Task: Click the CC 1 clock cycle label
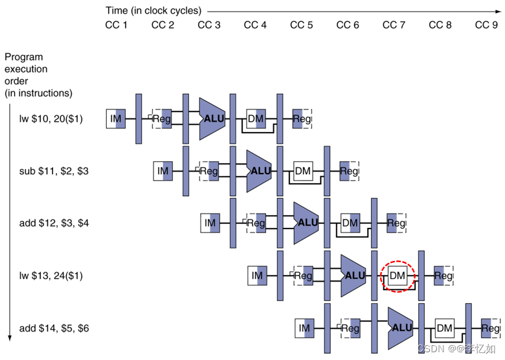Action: point(116,25)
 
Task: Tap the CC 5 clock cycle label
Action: point(301,25)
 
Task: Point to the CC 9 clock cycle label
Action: point(486,25)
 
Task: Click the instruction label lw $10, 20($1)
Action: point(51,118)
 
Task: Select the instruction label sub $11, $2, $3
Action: point(54,171)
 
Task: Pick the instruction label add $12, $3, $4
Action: point(54,223)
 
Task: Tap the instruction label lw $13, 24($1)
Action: point(51,276)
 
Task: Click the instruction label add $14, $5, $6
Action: point(54,328)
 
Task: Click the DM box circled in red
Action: point(397,276)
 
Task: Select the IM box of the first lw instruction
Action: point(116,118)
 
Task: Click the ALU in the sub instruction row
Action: point(259,171)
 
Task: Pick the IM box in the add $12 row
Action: point(210,223)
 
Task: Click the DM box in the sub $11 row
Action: point(303,171)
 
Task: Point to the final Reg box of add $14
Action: point(490,328)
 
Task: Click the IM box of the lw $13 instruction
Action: point(257,276)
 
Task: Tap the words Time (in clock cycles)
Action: point(153,11)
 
